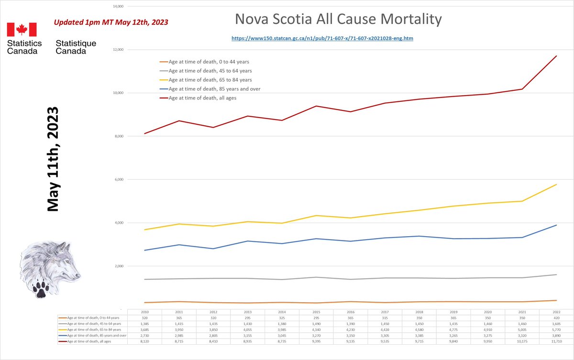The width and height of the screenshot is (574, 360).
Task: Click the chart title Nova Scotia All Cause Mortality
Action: coord(338,20)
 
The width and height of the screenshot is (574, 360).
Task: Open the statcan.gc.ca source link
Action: coord(322,38)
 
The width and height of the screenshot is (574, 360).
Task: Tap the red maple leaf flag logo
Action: coord(22,30)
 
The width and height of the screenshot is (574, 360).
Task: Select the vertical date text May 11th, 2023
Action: coord(52,159)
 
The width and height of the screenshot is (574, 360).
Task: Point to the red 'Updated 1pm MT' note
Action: coord(110,22)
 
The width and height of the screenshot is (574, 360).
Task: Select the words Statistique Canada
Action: coord(76,47)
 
